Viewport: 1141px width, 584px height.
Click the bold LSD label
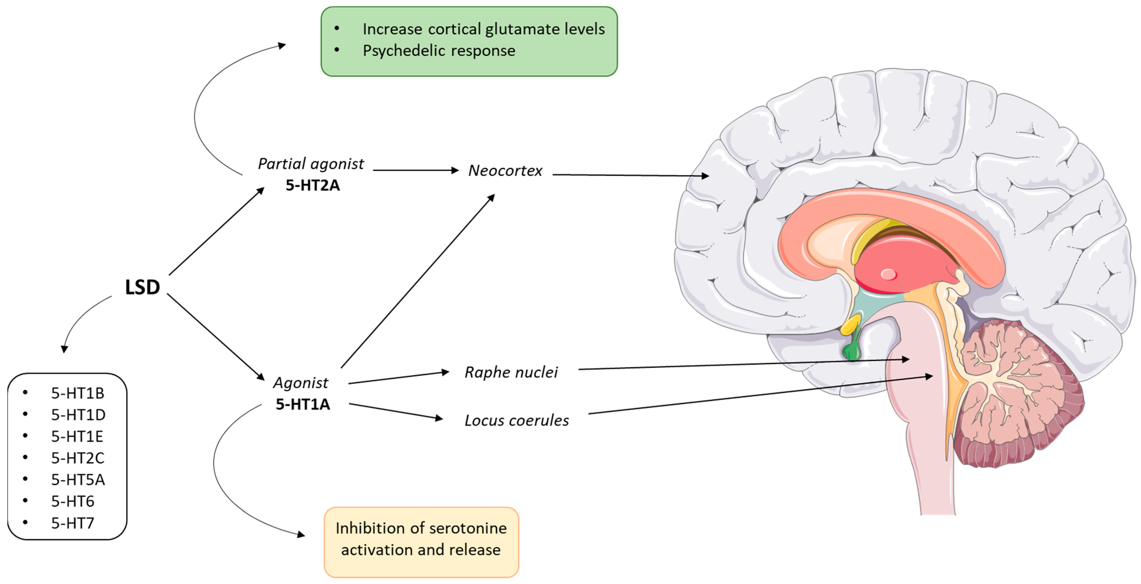tap(142, 287)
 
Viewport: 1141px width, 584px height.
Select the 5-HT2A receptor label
tap(312, 185)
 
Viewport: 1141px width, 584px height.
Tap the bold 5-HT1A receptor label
tap(303, 404)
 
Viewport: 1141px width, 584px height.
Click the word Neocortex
tap(505, 171)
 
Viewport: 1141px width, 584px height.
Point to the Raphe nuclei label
tap(511, 372)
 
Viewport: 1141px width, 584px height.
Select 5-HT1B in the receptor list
tap(78, 393)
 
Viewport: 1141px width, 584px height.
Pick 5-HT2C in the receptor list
tap(78, 458)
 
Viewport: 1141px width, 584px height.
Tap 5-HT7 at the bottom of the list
tap(73, 523)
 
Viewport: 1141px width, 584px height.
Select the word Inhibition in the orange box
tap(364, 528)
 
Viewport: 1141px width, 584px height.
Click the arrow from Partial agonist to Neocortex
tap(416, 170)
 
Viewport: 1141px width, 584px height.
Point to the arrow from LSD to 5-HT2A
tap(216, 231)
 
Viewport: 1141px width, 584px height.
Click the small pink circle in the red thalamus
tap(888, 274)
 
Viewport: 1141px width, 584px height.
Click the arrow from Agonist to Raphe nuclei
tap(399, 377)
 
